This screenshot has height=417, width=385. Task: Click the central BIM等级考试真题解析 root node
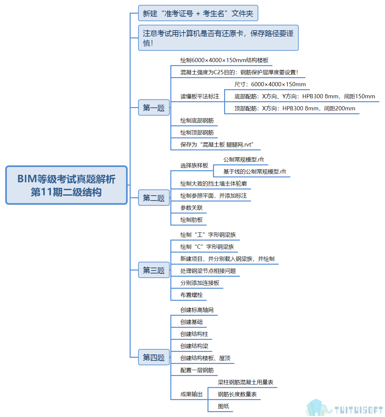pyautogui.click(x=66, y=185)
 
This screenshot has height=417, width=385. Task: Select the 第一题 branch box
pyautogui.click(x=154, y=107)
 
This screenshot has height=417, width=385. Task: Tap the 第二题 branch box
pyautogui.click(x=154, y=198)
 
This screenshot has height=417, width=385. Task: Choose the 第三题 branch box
pyautogui.click(x=154, y=270)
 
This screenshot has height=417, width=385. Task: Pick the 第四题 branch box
pyautogui.click(x=154, y=357)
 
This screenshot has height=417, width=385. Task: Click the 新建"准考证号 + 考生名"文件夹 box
pyautogui.click(x=198, y=13)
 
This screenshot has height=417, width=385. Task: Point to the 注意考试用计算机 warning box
pyautogui.click(x=218, y=38)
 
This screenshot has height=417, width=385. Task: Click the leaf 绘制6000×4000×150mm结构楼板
pyautogui.click(x=224, y=60)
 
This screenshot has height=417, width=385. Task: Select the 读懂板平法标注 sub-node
pyautogui.click(x=200, y=96)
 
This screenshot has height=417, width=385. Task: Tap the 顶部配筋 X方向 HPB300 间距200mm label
pyautogui.click(x=294, y=108)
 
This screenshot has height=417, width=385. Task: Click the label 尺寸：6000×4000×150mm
pyautogui.click(x=270, y=84)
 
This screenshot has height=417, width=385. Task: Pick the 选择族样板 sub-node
pyautogui.click(x=194, y=165)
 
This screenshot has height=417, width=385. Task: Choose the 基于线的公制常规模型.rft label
pyautogui.click(x=254, y=172)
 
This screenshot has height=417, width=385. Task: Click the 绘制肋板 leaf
pyautogui.click(x=192, y=220)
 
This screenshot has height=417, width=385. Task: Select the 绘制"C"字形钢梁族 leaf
pyautogui.click(x=207, y=247)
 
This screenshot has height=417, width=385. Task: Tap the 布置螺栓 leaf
pyautogui.click(x=192, y=295)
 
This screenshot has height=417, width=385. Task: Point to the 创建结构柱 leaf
pyautogui.click(x=194, y=334)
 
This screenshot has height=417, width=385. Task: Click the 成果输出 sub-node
pyautogui.click(x=192, y=394)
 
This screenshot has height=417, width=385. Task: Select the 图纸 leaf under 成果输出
pyautogui.click(x=223, y=406)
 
